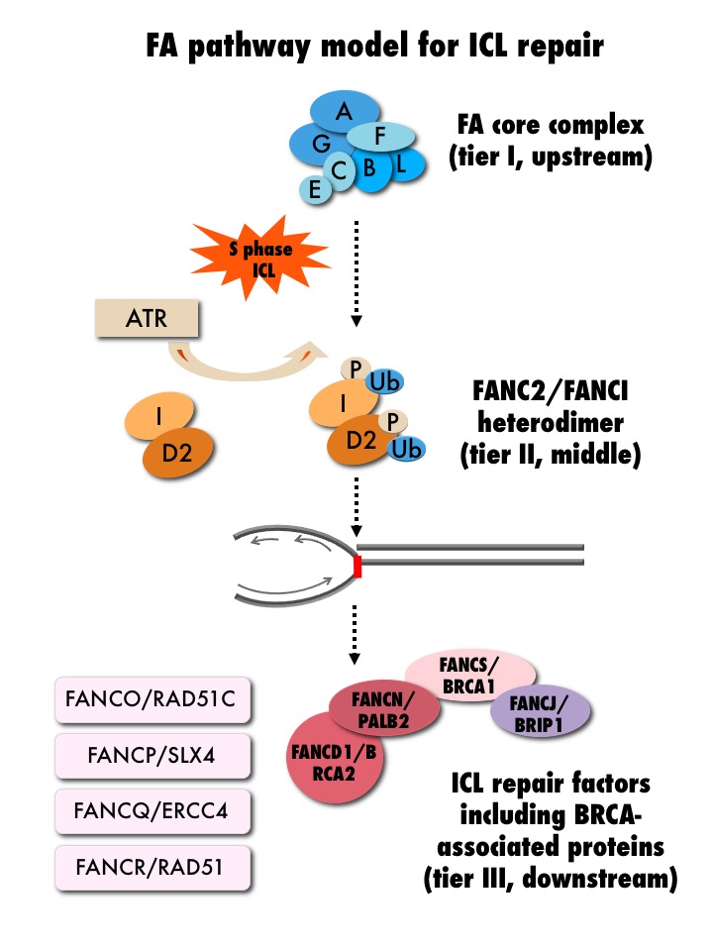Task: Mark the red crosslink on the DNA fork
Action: [x=357, y=568]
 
